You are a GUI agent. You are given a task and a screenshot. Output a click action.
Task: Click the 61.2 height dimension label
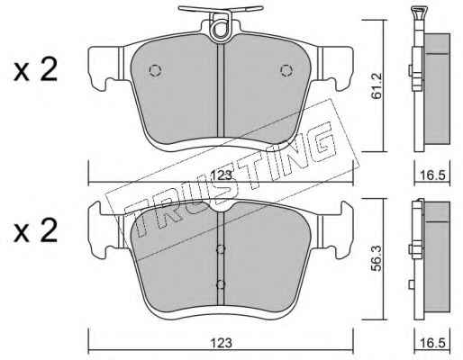pyautogui.click(x=377, y=85)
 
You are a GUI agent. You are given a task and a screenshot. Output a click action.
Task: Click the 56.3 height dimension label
pyautogui.click(x=377, y=258)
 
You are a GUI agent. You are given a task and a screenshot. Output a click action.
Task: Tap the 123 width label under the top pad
pyautogui.click(x=222, y=175)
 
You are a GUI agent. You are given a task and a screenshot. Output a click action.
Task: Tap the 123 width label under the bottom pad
pyautogui.click(x=222, y=343)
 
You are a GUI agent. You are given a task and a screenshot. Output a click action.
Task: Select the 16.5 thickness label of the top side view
pyautogui.click(x=432, y=175)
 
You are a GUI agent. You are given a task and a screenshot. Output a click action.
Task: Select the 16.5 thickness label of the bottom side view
pyautogui.click(x=432, y=343)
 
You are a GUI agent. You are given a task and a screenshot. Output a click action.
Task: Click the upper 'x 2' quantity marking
pyautogui.click(x=35, y=69)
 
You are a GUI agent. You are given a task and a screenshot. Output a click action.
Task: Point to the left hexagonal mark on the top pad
pyautogui.click(x=156, y=70)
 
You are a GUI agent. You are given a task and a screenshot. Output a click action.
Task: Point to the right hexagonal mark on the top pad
pyautogui.click(x=286, y=70)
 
